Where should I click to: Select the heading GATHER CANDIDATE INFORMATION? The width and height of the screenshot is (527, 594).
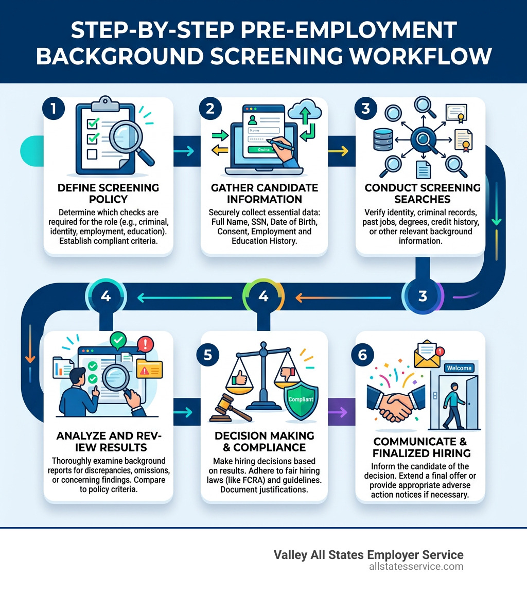click(x=265, y=193)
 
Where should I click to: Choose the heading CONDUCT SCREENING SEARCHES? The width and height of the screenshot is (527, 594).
click(x=422, y=193)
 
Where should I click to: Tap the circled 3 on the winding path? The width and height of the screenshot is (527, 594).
click(x=423, y=296)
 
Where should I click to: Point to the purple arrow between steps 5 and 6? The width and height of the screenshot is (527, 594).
click(x=339, y=412)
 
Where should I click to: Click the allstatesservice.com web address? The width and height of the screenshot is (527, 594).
click(x=416, y=567)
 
